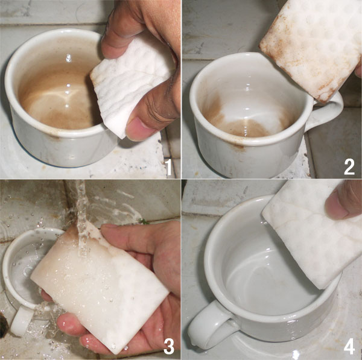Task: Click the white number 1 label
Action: point(169,168)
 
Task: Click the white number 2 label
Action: point(349,167)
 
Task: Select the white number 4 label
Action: point(349,346)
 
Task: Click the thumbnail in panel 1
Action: point(140,128)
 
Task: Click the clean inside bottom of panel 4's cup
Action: point(265,284)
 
